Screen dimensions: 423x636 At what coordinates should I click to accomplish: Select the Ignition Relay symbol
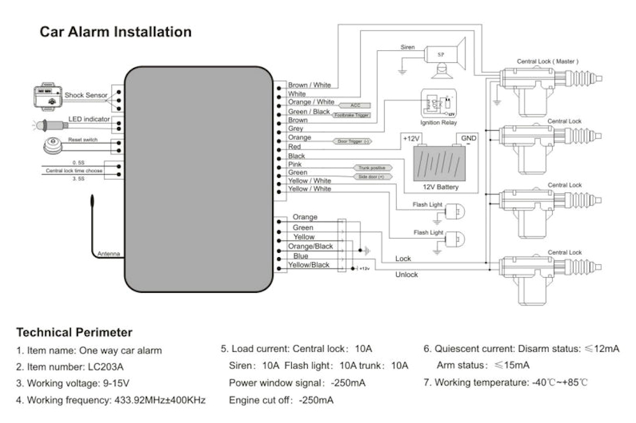[x=438, y=103]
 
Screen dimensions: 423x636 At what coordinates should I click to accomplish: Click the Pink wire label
[x=295, y=164]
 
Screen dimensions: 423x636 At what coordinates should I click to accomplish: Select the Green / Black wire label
[x=308, y=111]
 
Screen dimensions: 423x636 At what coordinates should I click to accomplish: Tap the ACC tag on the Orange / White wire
[x=356, y=104]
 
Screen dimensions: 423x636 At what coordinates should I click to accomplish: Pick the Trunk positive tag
[x=371, y=168]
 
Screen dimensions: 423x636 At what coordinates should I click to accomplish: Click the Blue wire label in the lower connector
[x=301, y=256]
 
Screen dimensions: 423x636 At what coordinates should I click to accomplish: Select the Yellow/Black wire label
[x=309, y=265]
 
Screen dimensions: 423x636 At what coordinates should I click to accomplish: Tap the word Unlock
[x=407, y=275]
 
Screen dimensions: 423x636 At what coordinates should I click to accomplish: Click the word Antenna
[x=108, y=255]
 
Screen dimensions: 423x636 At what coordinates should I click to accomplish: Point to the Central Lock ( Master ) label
[x=548, y=62]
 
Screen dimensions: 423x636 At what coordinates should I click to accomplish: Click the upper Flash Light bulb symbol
[x=454, y=211]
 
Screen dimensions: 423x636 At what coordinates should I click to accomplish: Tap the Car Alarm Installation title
[x=115, y=31]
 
